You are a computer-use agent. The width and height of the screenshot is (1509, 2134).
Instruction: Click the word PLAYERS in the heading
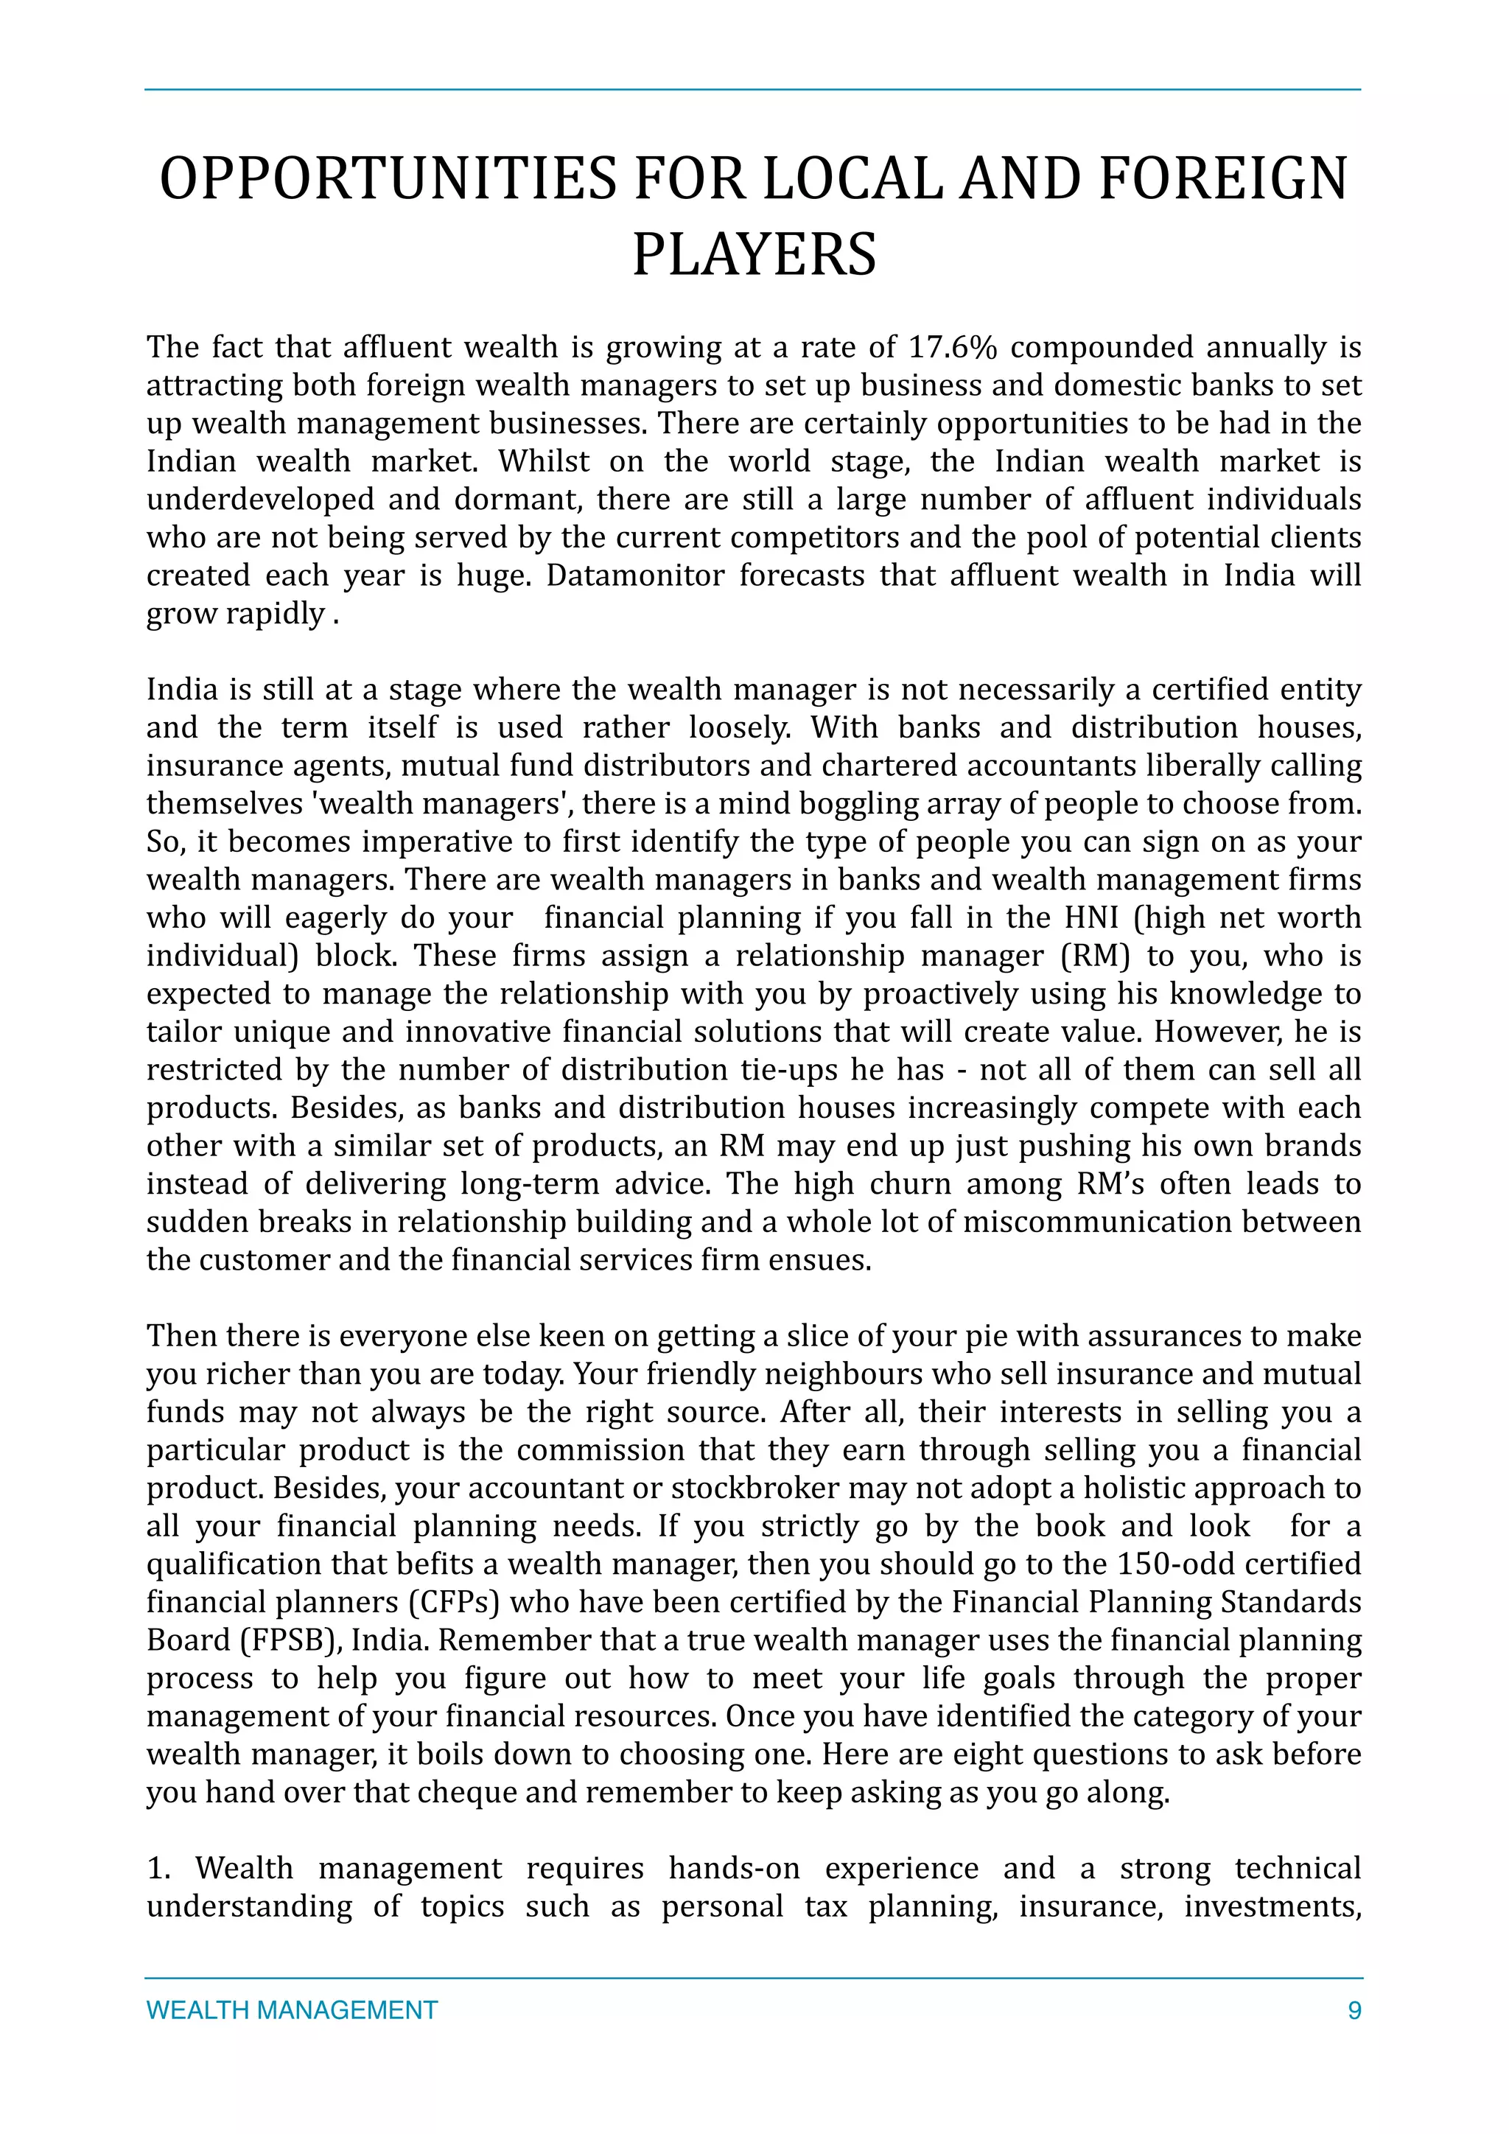(x=754, y=255)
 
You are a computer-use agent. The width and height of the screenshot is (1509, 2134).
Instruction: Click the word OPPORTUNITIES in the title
(x=388, y=178)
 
